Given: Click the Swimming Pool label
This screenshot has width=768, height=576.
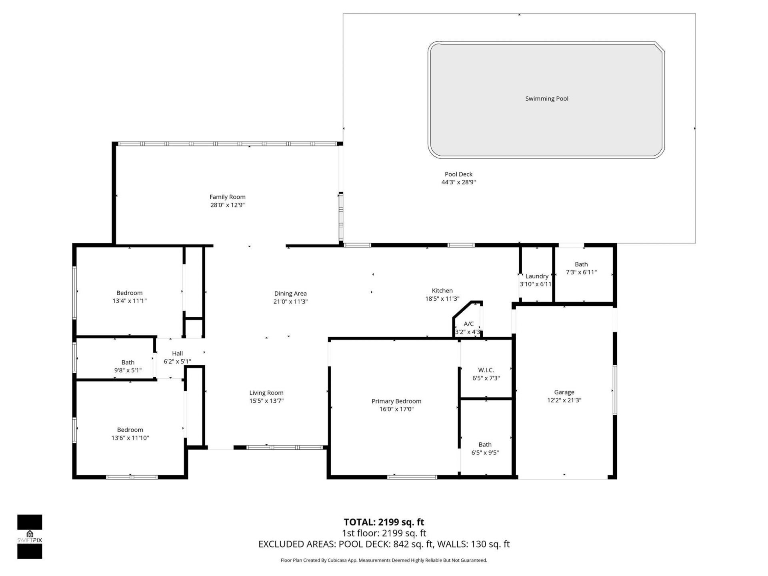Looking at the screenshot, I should coord(546,99).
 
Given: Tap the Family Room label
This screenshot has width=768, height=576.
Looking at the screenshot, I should coord(227,197).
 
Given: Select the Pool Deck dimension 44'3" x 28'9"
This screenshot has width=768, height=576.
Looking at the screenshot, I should coord(458,182).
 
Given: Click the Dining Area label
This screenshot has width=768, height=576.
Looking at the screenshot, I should coord(290,294).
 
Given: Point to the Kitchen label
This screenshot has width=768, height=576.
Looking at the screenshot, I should coord(442,291).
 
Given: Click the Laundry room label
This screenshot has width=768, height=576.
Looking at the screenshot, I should coord(536,276).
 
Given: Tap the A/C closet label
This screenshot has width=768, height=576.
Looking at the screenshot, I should coord(468,324).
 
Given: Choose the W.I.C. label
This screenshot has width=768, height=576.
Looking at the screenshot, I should coord(486,370).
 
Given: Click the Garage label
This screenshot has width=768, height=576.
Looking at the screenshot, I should coord(564,392).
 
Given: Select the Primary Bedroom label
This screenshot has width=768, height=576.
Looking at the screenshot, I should coord(396,401).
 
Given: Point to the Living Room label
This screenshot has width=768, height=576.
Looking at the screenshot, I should coord(266,393).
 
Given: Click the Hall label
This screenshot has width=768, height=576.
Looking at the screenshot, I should coord(177,354).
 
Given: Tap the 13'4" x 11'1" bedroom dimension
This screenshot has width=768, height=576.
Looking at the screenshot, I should coord(129,301).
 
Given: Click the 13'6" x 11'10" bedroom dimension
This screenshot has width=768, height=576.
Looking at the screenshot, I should coord(130,438).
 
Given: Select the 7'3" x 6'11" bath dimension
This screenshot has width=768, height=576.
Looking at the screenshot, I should coord(581,272).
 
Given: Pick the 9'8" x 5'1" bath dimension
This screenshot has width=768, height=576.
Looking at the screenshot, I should coord(128,370).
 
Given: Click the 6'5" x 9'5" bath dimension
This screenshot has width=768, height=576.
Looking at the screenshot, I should coord(485,453).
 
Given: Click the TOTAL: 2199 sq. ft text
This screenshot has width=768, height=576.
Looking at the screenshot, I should coord(384,522).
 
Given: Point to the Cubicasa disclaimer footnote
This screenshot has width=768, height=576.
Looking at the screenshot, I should coord(384,560).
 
